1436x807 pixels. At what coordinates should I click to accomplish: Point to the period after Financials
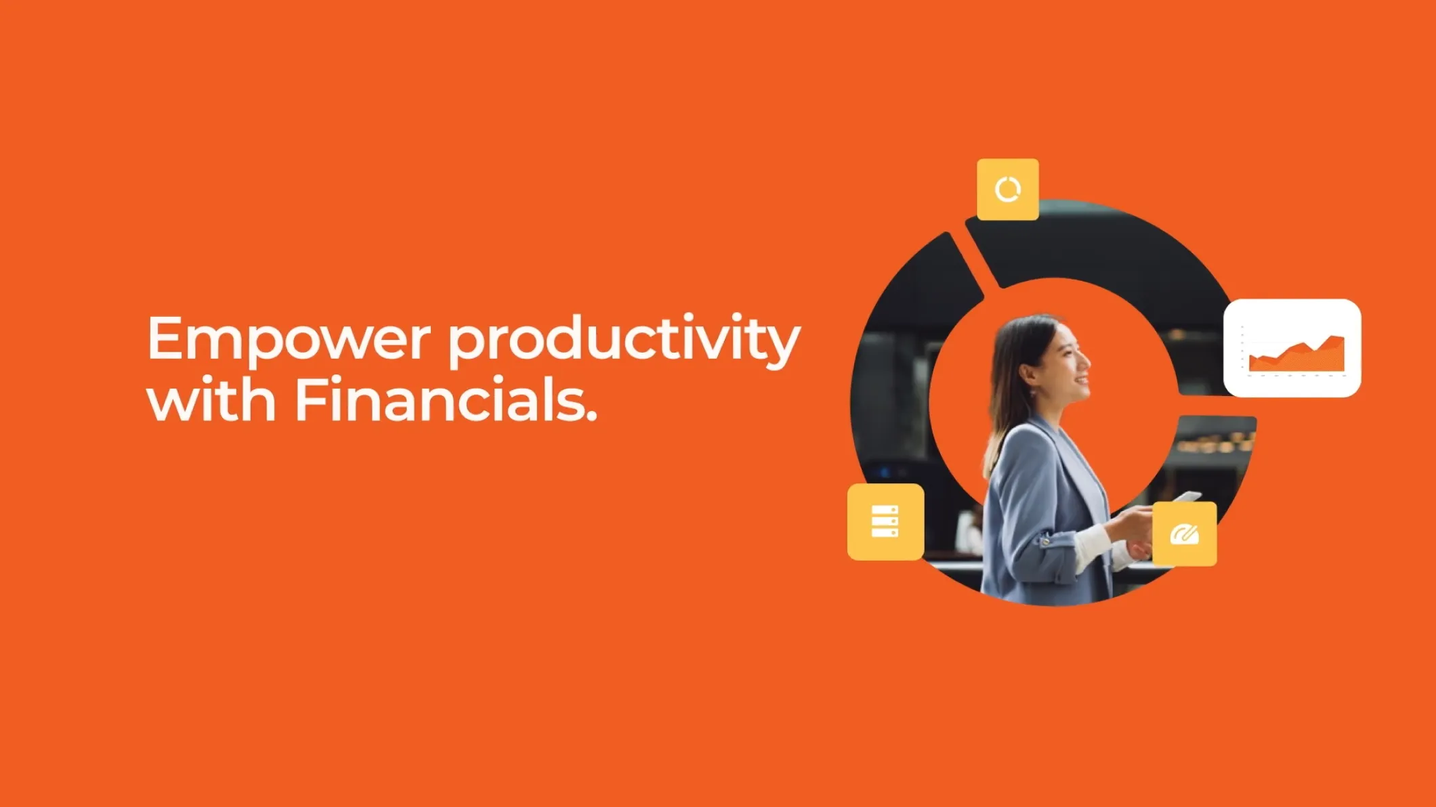(590, 416)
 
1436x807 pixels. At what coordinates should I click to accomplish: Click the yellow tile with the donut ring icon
(1008, 190)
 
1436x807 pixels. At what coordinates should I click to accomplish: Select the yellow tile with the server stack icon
(885, 521)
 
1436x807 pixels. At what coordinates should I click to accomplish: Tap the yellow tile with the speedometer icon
(1185, 534)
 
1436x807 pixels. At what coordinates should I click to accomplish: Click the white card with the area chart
(1292, 348)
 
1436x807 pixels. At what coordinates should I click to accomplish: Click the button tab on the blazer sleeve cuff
(1047, 540)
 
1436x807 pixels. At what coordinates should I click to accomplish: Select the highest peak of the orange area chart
(1336, 337)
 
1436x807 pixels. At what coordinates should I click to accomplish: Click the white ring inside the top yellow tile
(1008, 190)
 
